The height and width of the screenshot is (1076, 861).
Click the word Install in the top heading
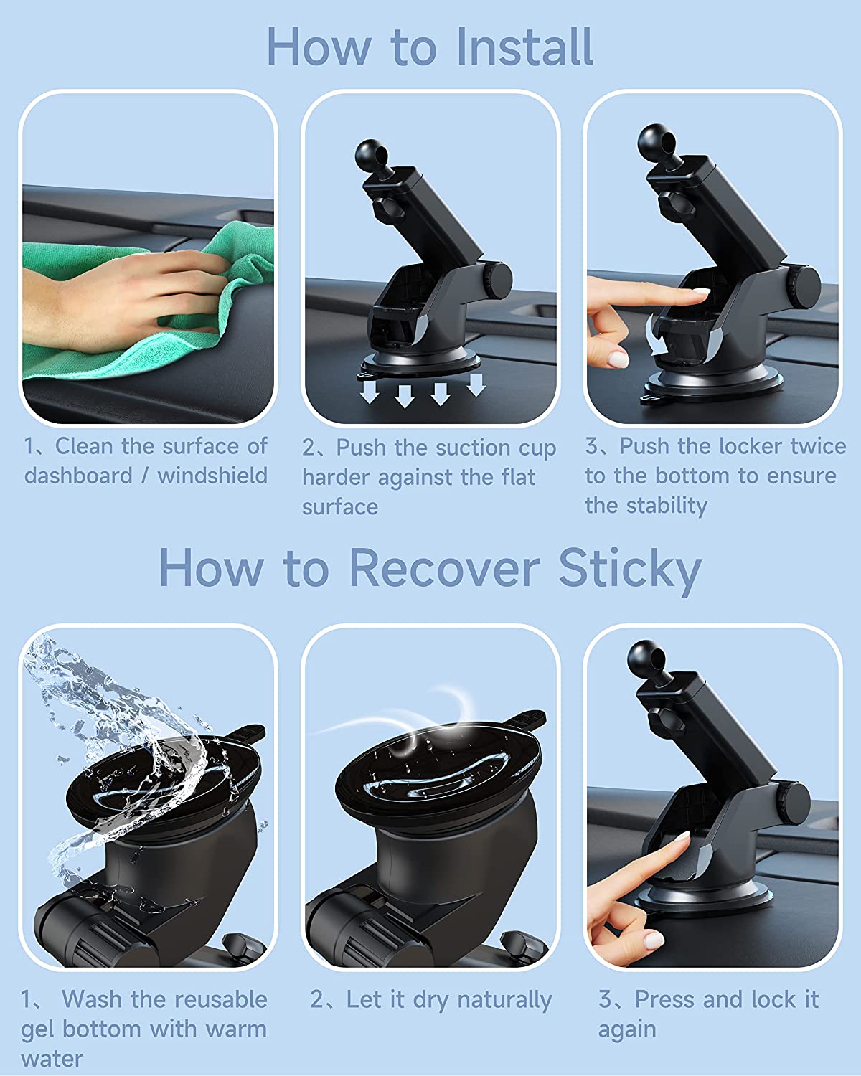(524, 47)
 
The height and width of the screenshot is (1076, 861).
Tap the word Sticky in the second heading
(630, 570)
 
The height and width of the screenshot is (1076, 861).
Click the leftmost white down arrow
(370, 392)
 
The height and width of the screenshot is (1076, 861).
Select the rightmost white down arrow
(476, 384)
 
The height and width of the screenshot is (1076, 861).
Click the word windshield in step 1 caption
(212, 476)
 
